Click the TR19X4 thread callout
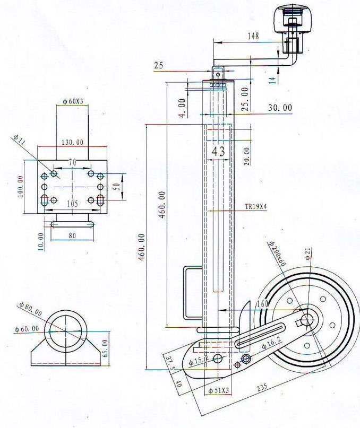pyautogui.click(x=255, y=207)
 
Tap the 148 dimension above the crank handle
pyautogui.click(x=253, y=36)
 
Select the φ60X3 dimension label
pyautogui.click(x=73, y=101)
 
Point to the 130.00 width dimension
pyautogui.click(x=72, y=142)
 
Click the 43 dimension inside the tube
pyautogui.click(x=218, y=151)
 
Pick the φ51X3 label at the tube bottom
pyautogui.click(x=218, y=390)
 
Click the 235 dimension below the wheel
pyautogui.click(x=262, y=388)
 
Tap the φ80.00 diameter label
pyautogui.click(x=30, y=309)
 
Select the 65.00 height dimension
pyautogui.click(x=106, y=348)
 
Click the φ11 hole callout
pyautogui.click(x=19, y=140)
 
